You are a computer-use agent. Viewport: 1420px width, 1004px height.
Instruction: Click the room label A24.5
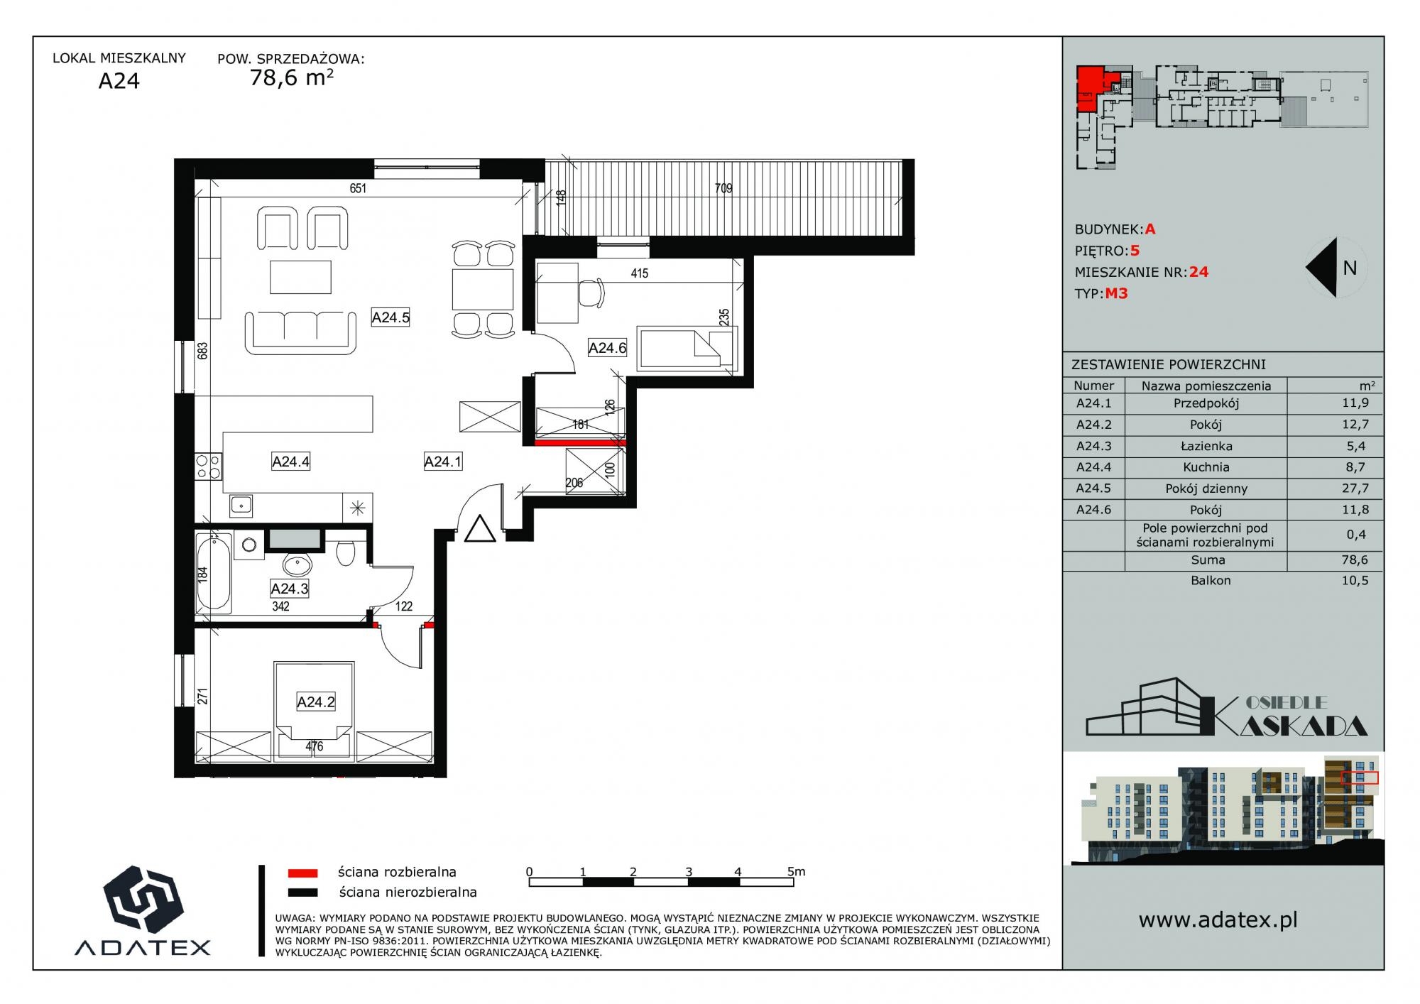tap(390, 317)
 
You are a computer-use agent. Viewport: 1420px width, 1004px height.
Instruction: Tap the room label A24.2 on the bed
tap(316, 702)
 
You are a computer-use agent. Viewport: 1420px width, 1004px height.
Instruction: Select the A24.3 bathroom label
tap(290, 589)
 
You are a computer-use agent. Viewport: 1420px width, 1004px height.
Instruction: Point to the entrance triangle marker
tap(480, 529)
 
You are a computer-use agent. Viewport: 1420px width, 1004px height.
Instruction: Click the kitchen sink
tap(241, 506)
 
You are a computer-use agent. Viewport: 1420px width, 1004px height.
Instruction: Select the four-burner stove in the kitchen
tap(208, 466)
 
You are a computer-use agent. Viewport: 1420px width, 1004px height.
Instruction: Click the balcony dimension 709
tap(723, 188)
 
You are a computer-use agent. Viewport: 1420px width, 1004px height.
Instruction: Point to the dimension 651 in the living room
tap(358, 188)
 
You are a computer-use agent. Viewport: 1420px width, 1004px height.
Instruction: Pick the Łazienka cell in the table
tap(1206, 446)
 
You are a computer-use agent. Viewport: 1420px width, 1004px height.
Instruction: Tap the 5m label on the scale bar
tap(796, 871)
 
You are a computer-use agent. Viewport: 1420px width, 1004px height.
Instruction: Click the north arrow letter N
tap(1350, 268)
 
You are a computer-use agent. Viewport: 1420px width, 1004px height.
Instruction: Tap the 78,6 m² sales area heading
tap(291, 77)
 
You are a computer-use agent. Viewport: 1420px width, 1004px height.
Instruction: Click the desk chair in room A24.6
tap(591, 290)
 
